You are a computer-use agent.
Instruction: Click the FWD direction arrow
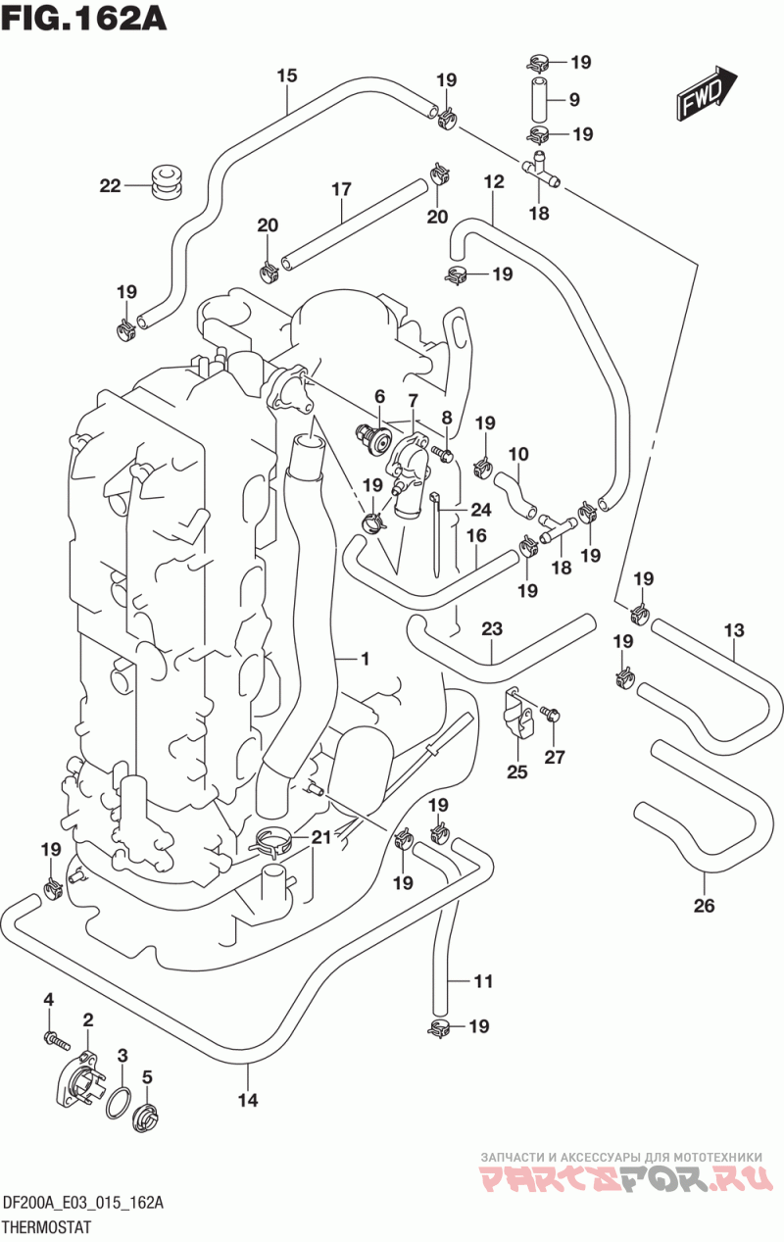(x=707, y=93)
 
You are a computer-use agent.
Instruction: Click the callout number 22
(x=111, y=185)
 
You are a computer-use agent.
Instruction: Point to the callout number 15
(x=287, y=75)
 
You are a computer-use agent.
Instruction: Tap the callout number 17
(x=342, y=189)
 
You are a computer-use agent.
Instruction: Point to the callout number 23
(x=491, y=628)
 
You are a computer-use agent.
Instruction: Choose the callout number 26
(x=705, y=906)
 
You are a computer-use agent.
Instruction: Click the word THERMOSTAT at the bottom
(x=47, y=1228)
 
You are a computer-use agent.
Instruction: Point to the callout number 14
(x=248, y=1100)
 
